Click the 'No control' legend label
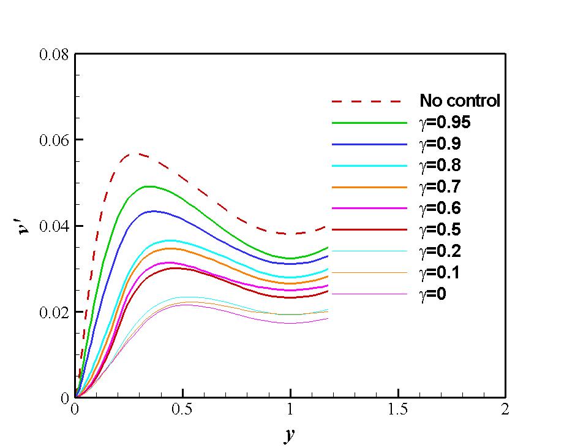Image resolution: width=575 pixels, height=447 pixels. click(x=459, y=101)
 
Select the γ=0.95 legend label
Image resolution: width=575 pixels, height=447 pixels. click(x=445, y=123)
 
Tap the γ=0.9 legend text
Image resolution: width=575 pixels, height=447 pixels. click(x=440, y=144)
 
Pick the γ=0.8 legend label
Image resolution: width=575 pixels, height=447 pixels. click(x=440, y=166)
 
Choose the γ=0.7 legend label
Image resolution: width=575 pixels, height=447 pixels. click(x=440, y=187)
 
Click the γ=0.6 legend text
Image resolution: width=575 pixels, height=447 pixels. click(x=440, y=208)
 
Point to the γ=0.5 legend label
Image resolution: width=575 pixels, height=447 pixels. click(x=440, y=230)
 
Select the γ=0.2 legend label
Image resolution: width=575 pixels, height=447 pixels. click(x=440, y=251)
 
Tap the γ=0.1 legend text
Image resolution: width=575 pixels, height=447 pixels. click(x=440, y=273)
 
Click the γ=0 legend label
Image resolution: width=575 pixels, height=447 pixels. click(x=433, y=294)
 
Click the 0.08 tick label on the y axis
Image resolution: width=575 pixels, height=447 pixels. click(x=54, y=54)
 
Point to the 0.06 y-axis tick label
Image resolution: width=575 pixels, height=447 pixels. click(x=54, y=140)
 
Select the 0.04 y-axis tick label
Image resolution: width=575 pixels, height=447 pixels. click(x=54, y=226)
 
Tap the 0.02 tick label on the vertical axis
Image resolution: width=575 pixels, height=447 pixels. click(x=54, y=312)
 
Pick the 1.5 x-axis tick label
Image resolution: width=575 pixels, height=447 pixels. click(x=398, y=410)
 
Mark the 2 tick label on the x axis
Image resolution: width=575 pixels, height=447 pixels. click(x=505, y=410)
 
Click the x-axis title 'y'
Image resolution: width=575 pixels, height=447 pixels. click(x=290, y=435)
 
